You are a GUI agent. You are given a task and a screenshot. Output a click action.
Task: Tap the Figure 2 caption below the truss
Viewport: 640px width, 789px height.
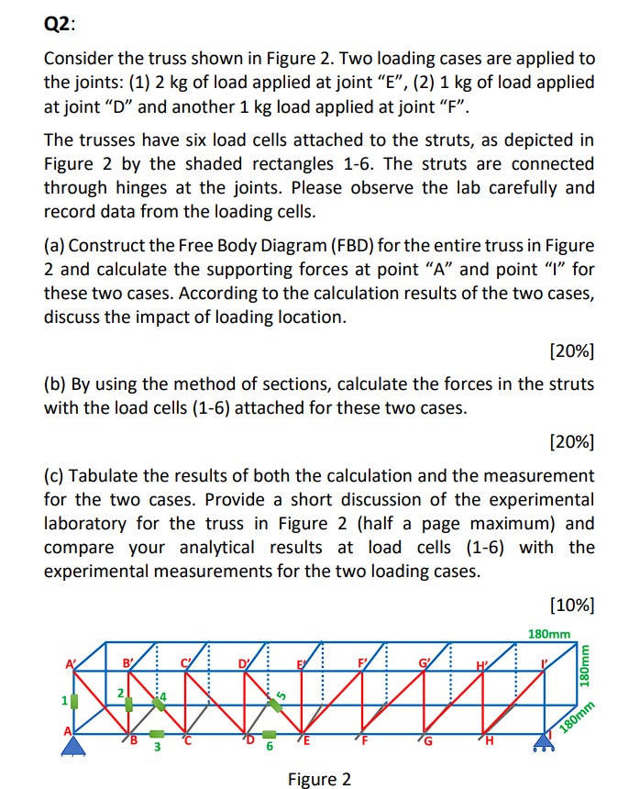click(x=318, y=779)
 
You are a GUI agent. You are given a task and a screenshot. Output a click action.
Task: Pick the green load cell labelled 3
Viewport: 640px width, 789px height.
click(x=157, y=734)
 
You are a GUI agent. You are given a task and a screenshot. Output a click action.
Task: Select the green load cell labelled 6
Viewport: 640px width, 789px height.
click(x=269, y=734)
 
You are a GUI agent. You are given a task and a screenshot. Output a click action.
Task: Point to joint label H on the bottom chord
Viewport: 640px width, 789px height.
click(x=489, y=742)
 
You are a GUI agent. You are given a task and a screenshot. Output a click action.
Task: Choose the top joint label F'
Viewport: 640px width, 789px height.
click(x=364, y=661)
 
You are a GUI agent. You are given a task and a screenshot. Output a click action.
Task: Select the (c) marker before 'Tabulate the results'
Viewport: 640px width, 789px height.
click(x=55, y=476)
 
